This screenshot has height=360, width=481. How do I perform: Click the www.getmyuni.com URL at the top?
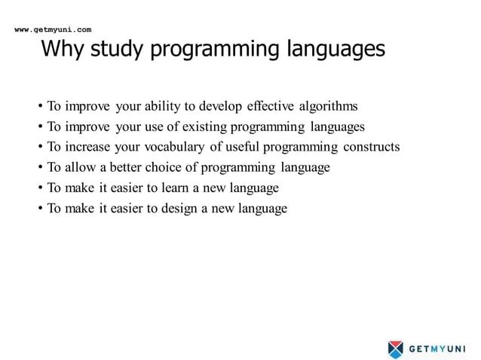53,30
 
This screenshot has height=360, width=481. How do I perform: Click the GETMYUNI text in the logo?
437,348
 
